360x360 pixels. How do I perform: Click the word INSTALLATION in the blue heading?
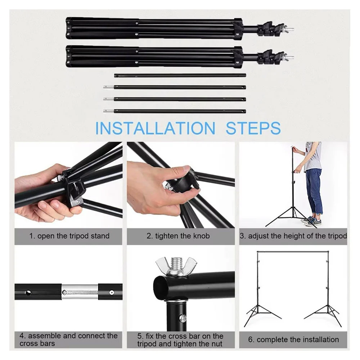click(155, 128)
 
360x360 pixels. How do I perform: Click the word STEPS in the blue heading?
click(253, 128)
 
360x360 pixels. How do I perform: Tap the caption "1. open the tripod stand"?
click(69, 236)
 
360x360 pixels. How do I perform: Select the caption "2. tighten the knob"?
click(178, 236)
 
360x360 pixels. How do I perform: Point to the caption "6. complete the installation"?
click(293, 339)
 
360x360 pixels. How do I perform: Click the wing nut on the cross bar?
click(176, 266)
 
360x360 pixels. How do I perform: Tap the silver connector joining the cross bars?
click(80, 292)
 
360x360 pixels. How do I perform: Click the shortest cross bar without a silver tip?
click(180, 75)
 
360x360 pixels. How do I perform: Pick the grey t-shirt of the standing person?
click(313, 157)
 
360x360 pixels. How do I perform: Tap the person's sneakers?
click(312, 221)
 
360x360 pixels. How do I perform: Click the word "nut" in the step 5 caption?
click(216, 344)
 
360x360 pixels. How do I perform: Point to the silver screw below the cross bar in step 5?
click(183, 318)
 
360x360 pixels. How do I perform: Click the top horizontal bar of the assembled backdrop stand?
click(293, 252)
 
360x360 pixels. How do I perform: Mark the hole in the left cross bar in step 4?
click(28, 293)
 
